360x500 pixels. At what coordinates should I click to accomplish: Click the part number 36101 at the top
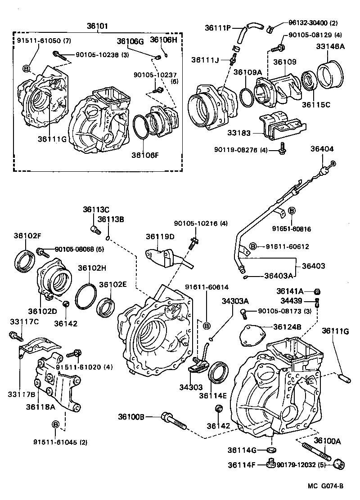click(x=97, y=26)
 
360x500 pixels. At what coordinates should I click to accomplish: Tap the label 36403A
click(x=278, y=276)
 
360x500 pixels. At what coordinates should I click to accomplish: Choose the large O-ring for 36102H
click(x=85, y=297)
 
